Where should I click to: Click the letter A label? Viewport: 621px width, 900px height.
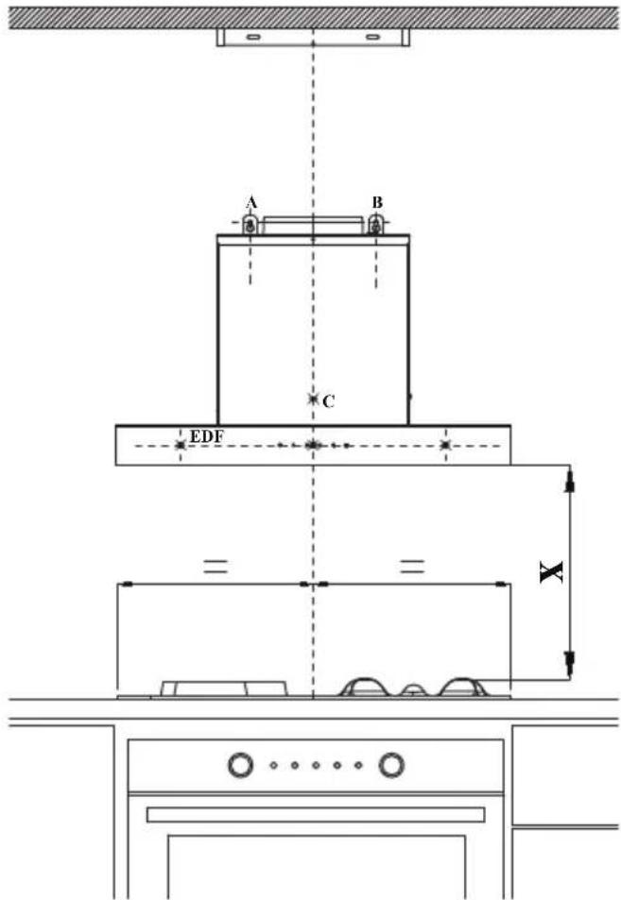point(251,203)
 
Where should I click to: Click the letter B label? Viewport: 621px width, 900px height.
point(377,202)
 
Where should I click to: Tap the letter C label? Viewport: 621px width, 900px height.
point(329,401)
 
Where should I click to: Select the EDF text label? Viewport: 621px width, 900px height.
point(206,436)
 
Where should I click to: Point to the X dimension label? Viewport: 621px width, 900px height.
point(551,571)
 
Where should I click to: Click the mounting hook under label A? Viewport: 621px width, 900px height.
point(250,225)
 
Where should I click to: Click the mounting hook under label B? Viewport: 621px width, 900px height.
point(375,225)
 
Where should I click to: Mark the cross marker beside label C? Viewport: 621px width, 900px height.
point(313,399)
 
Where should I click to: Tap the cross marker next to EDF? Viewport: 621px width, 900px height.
point(181,445)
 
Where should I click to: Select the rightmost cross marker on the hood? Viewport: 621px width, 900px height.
point(445,445)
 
